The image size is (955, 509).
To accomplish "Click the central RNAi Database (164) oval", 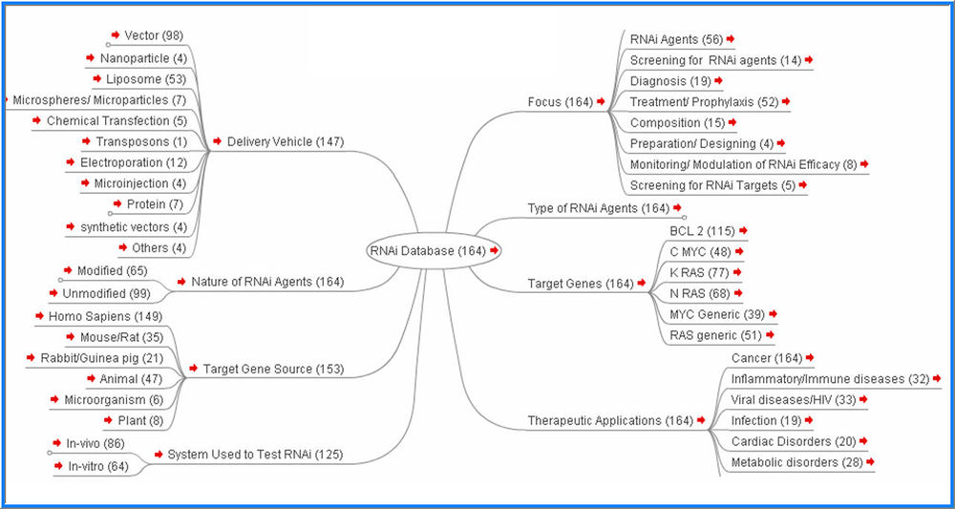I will click(429, 250).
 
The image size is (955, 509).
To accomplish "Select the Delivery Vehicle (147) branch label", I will click(285, 142).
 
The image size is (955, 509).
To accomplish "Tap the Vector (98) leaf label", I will click(154, 35).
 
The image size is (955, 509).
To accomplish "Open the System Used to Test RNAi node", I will click(255, 455).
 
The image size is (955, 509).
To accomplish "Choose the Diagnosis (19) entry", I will click(670, 81).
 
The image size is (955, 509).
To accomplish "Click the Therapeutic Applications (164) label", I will click(610, 420).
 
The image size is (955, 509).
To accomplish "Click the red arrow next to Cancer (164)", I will click(809, 357).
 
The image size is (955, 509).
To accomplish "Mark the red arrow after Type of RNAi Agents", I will click(677, 207).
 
